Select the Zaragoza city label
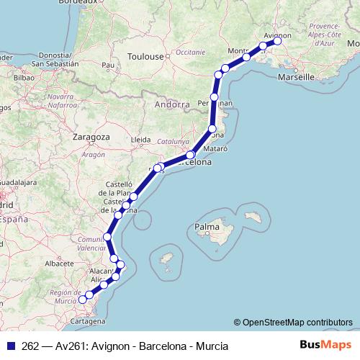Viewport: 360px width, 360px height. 91,136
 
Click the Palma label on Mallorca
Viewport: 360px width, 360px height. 206,228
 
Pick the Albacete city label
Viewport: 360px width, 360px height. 60,264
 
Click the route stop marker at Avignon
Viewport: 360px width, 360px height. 276,41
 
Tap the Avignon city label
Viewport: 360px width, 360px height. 278,34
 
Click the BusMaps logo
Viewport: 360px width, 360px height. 326,346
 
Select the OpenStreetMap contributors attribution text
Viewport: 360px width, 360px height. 297,323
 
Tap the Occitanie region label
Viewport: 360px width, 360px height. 190,52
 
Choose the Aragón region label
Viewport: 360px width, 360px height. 93,154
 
